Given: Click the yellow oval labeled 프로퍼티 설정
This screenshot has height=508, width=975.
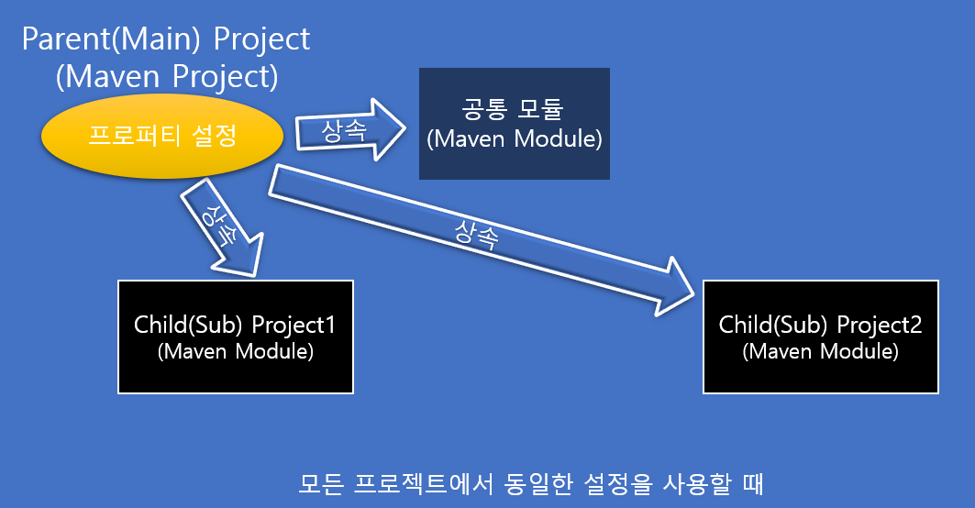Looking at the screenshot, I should click(x=161, y=138).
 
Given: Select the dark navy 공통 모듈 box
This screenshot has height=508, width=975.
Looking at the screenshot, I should click(x=514, y=124).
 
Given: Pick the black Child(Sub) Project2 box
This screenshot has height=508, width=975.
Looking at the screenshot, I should click(x=821, y=337).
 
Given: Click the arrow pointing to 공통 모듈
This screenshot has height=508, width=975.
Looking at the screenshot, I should click(x=349, y=131).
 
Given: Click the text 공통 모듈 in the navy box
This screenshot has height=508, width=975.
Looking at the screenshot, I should click(x=514, y=111).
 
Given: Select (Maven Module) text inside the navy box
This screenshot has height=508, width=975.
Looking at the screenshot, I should click(x=514, y=139).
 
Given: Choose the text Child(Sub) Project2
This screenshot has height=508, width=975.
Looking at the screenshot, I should click(x=821, y=326).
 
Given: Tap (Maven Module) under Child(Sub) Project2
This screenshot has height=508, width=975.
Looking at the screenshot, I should click(x=821, y=351).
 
